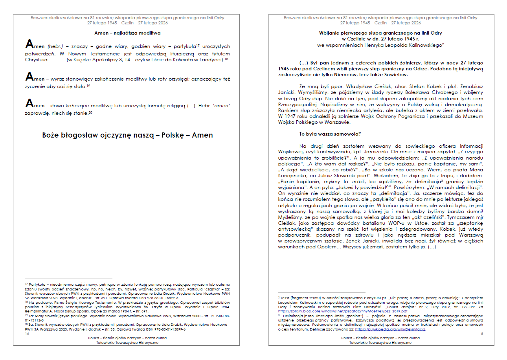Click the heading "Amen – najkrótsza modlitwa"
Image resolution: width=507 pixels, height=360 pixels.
click(x=127, y=33)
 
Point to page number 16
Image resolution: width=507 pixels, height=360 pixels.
click(x=27, y=334)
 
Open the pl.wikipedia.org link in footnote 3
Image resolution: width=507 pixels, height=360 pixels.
click(x=390, y=329)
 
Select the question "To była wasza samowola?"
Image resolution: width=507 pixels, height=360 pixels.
click(x=330, y=134)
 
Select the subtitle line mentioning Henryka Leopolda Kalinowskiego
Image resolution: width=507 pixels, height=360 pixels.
click(x=380, y=45)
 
